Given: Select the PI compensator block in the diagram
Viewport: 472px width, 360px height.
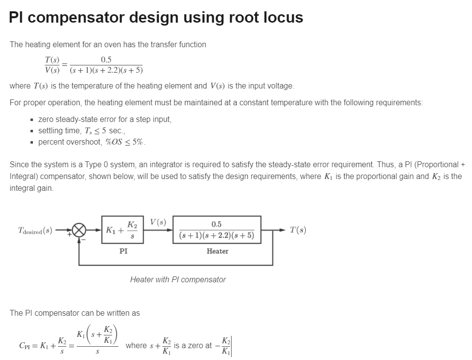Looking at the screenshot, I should pos(122,229).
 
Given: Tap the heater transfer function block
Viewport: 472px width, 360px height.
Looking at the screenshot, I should pos(217,229).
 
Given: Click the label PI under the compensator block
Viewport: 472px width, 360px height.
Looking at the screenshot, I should pos(124,251).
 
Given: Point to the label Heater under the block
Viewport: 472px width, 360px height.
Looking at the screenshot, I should pos(217,251).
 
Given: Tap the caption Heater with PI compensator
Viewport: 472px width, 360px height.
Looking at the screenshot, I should pos(178,279).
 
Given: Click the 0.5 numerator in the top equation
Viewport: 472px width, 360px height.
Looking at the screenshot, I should pos(106,60).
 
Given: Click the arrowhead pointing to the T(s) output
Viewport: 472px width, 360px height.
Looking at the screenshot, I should pos(282,230).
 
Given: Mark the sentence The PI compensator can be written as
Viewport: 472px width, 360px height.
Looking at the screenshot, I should pos(75,313).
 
